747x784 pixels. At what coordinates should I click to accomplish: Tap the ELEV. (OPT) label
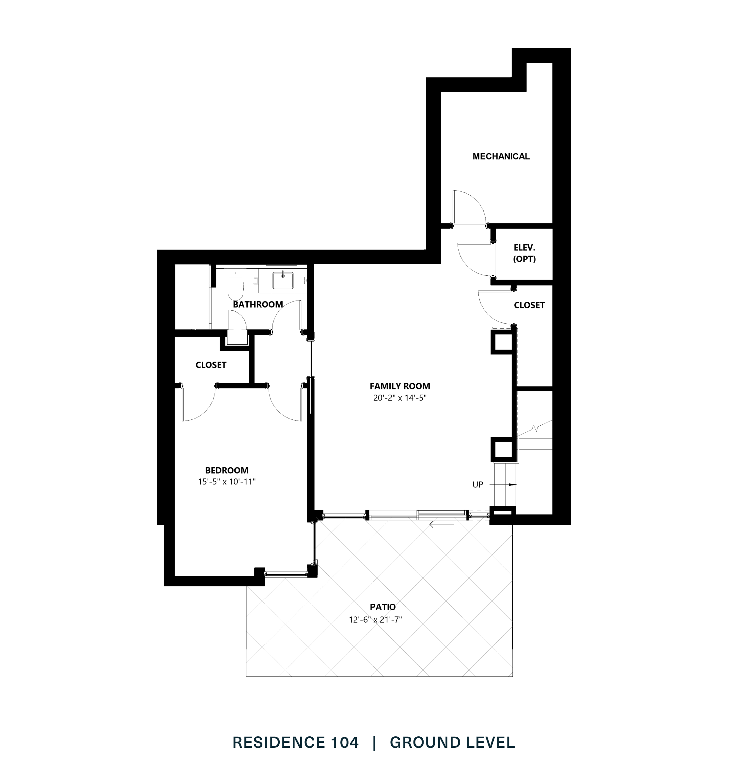(524, 253)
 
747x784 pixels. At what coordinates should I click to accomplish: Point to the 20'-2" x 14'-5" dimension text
(399, 398)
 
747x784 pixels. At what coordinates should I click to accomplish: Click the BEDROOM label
(226, 470)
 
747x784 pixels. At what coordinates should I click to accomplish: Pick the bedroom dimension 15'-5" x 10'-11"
(226, 482)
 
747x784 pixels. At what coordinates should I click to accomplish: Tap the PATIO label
(383, 607)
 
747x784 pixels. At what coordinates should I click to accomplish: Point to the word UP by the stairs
(477, 485)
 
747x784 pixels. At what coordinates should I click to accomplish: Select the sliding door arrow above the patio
(441, 525)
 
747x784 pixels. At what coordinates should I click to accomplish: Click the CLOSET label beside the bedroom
(210, 365)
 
